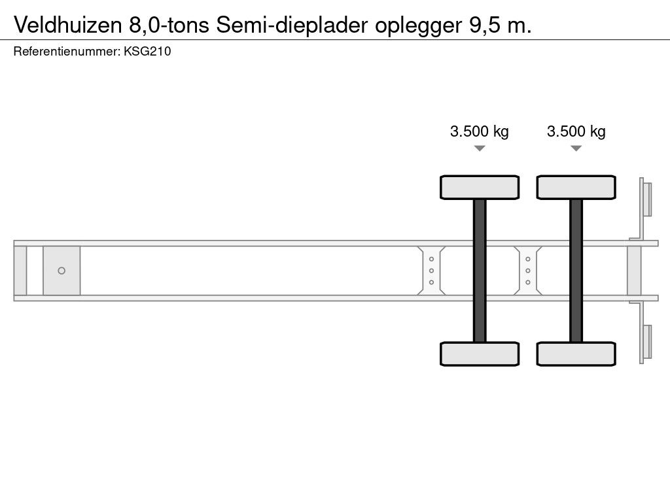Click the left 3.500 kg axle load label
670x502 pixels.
479,131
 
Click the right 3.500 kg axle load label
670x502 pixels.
576,131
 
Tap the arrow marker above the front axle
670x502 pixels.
480,148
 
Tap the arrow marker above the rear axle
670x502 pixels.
576,148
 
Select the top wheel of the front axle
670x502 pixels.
480,187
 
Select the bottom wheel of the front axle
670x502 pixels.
480,354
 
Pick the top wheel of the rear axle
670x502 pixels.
576,187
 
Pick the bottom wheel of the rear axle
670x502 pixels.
576,354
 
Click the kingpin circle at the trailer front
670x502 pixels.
62,271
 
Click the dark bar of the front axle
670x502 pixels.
480,270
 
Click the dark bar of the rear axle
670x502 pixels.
576,270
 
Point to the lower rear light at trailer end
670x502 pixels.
646,343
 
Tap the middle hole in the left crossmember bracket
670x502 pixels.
431,271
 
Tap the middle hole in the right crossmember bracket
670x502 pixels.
527,271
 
